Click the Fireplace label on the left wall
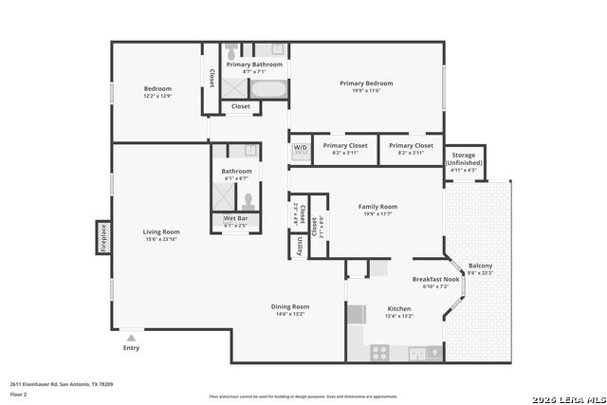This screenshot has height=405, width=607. click(x=102, y=238)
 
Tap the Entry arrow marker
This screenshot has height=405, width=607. click(x=131, y=337)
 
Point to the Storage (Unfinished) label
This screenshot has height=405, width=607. click(x=465, y=158)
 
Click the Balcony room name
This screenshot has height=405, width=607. click(x=481, y=266)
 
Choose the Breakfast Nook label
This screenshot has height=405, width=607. click(x=435, y=279)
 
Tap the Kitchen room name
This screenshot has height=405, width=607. click(x=398, y=308)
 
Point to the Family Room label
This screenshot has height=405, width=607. click(x=377, y=206)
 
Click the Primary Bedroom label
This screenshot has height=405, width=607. click(x=366, y=83)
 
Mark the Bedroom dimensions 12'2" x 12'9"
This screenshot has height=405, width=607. click(x=157, y=96)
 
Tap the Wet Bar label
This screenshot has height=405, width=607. click(x=235, y=218)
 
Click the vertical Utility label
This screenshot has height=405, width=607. click(x=300, y=246)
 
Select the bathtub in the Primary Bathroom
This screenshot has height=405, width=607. click(x=269, y=90)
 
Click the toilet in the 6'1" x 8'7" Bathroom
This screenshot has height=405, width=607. click(x=248, y=200)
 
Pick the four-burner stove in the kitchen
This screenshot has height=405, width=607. click(x=378, y=352)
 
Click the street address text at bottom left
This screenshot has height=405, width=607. click(x=62, y=384)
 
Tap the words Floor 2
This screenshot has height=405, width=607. click(x=17, y=394)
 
